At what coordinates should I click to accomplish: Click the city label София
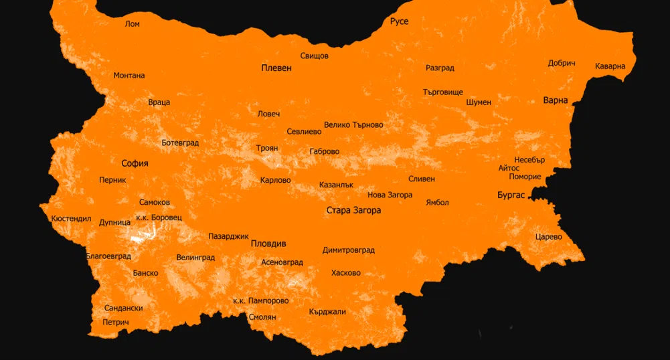pos(135,163)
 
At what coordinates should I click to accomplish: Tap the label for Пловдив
pos(268,244)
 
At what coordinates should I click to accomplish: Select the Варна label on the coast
pos(556,100)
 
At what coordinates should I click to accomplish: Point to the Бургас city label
pos(513,195)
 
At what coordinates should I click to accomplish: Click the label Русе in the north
pos(399,21)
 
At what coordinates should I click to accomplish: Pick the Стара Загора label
pos(353,210)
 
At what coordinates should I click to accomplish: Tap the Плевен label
pos(276,68)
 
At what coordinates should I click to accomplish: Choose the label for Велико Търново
pos(353,124)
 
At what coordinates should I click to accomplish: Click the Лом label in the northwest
pos(133,24)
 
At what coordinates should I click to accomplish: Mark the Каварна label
pos(610,66)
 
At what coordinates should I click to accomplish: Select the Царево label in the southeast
pos(549,237)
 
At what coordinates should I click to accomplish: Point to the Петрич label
pos(115,323)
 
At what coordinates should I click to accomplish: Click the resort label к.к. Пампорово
pos(260,301)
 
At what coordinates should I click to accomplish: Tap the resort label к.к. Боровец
pos(159,217)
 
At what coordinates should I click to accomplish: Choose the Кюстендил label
pos(70,219)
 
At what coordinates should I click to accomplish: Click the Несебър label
pos(529,160)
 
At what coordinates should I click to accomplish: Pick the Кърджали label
pos(327,312)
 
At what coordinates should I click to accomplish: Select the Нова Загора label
pos(390,195)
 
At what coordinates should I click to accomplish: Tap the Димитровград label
pos(348,250)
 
